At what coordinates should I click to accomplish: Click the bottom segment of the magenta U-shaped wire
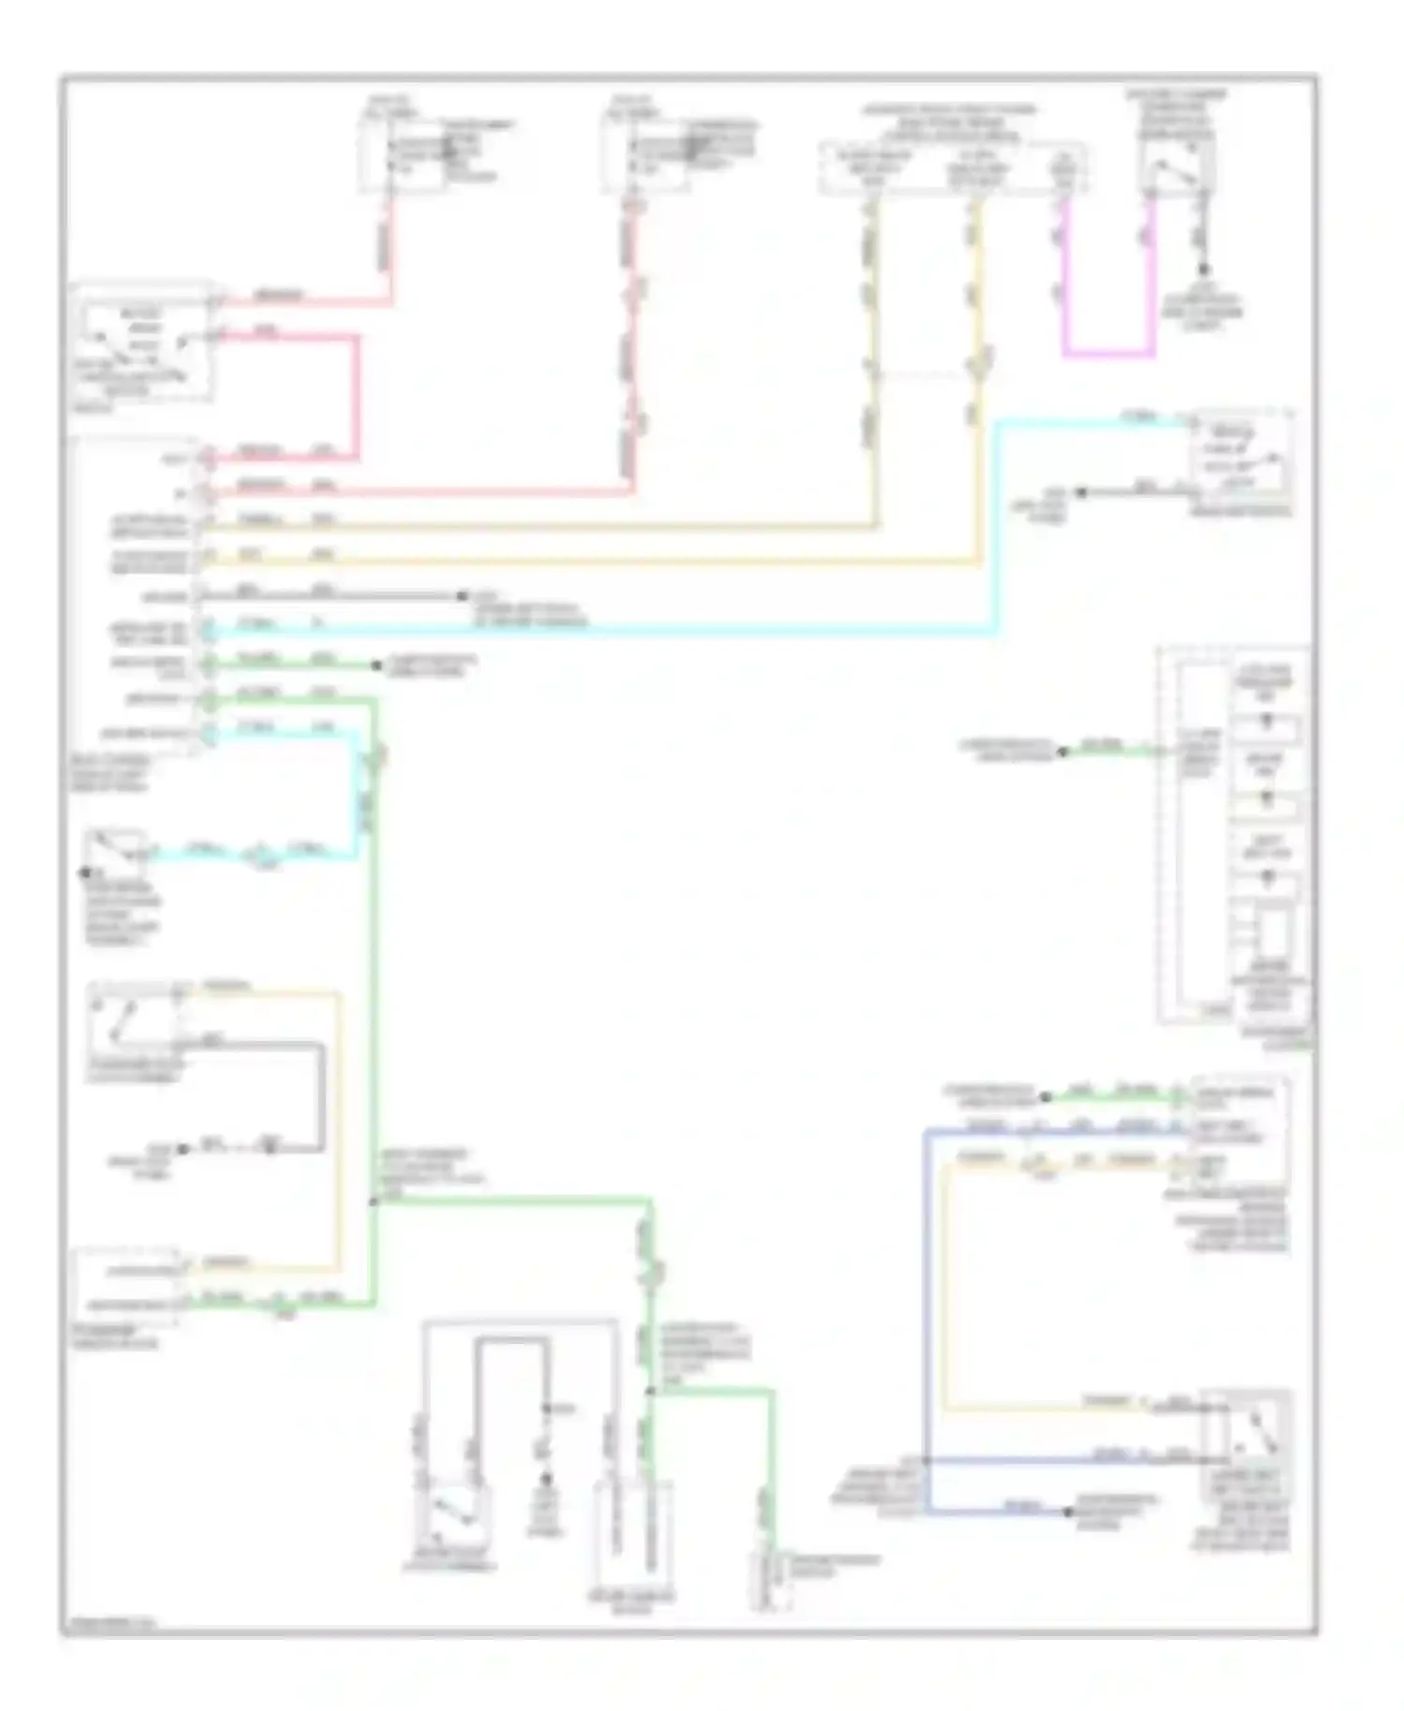(x=1108, y=355)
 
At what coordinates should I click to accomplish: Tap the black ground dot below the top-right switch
(x=1205, y=270)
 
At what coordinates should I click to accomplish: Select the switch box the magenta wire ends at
(x=1176, y=168)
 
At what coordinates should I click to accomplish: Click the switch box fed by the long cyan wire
(x=1241, y=458)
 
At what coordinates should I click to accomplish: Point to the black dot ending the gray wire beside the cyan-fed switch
(x=1080, y=492)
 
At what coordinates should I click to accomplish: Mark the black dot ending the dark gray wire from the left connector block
(x=461, y=596)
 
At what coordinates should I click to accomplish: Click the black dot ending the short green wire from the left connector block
(x=376, y=665)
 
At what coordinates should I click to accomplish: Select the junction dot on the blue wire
(x=926, y=1460)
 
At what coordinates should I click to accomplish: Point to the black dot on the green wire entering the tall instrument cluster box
(x=1062, y=751)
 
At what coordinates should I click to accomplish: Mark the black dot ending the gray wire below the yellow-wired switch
(x=183, y=1148)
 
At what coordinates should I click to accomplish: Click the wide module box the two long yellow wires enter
(x=952, y=168)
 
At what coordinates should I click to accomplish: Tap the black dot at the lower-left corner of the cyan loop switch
(x=83, y=872)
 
